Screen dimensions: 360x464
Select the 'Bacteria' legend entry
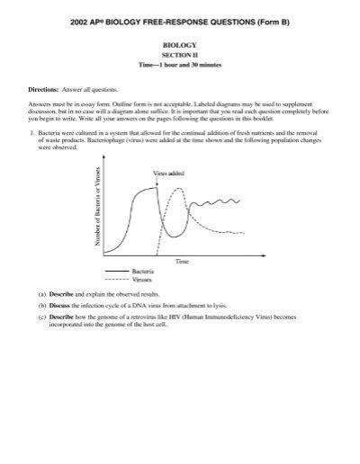143,271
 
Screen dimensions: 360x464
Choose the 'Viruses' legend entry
142,279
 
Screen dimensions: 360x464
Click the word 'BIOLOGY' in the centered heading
180,43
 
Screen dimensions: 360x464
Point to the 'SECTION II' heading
180,54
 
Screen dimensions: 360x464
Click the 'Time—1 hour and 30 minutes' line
180,65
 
